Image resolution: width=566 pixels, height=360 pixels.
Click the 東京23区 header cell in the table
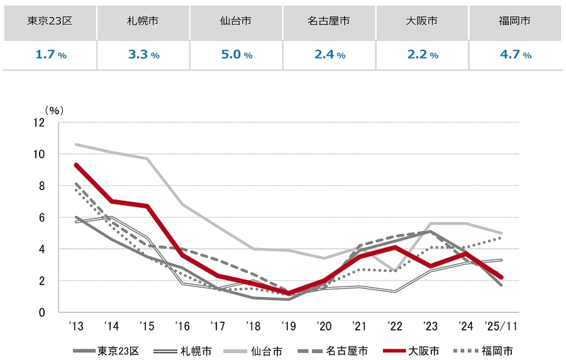(50, 21)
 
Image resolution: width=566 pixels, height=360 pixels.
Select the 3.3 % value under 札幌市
(143, 55)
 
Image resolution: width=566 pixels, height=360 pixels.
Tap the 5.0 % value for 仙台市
(236, 55)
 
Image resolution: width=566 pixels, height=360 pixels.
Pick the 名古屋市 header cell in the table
(330, 21)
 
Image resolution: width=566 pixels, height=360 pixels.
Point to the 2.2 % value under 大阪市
(423, 55)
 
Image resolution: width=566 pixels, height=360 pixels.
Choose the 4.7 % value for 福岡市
(516, 55)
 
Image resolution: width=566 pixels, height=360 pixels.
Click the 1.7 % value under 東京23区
(50, 55)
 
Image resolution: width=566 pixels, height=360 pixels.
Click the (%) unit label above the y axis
(54, 110)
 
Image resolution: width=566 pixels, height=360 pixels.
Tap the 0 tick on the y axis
(42, 312)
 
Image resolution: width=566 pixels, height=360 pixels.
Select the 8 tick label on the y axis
(42, 186)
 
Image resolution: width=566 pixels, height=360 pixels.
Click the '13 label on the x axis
(75, 327)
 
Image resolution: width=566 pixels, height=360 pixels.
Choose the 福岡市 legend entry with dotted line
(488, 351)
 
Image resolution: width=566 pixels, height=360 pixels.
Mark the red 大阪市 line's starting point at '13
(75, 165)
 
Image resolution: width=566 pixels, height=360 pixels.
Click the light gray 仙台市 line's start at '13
(75, 144)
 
